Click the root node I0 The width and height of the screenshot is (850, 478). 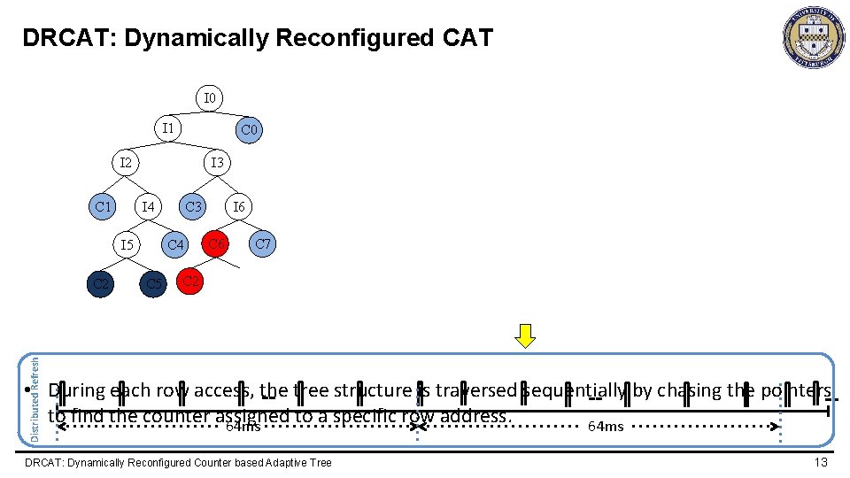210,96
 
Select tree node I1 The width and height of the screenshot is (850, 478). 167,129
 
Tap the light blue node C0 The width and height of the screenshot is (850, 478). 249,130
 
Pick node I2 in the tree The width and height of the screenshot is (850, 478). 127,163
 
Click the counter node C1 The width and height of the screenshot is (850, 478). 104,207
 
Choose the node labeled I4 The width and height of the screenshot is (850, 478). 148,207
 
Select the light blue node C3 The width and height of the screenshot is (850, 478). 193,207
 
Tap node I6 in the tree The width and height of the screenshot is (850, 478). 238,207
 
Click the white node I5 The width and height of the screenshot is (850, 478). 127,244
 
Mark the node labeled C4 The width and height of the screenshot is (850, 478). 175,244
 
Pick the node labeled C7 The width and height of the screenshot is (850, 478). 263,243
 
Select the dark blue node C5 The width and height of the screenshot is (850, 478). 153,284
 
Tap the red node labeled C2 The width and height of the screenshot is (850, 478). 190,281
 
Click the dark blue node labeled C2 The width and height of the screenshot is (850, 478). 102,284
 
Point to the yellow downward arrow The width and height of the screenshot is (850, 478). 526,336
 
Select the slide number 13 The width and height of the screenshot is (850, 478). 821,462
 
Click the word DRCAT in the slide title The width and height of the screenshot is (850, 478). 56,38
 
